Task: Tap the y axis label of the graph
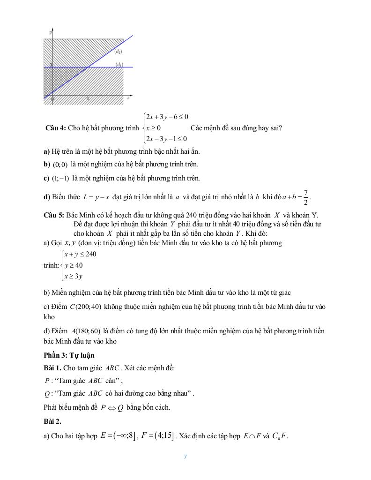click(51, 31)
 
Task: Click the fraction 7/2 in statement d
click(305, 196)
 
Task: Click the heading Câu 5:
click(54, 215)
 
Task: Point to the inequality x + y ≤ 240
click(80, 254)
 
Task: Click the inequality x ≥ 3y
click(74, 277)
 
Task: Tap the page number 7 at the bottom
click(185, 457)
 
